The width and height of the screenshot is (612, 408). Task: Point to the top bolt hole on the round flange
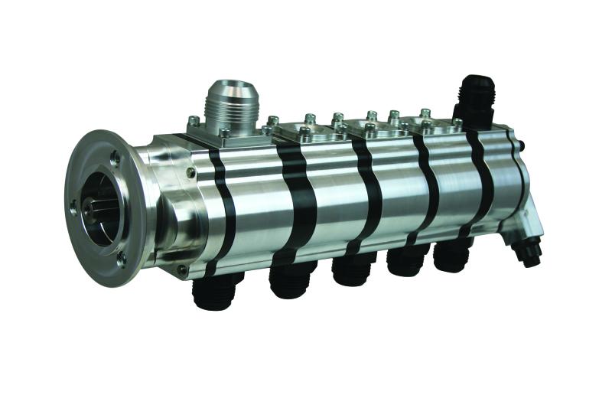(115, 155)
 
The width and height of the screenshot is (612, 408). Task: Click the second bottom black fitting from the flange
(289, 280)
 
